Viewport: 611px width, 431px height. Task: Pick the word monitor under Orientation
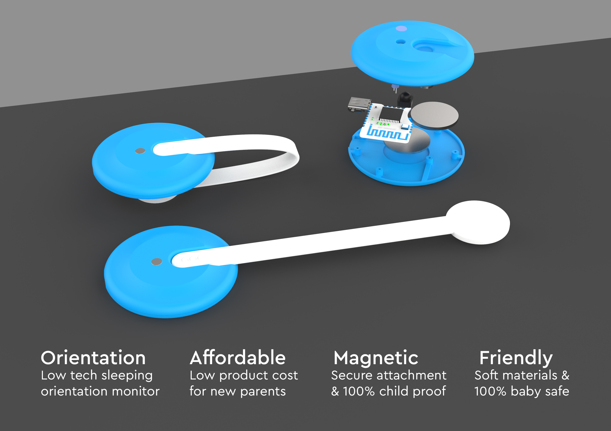[136, 391]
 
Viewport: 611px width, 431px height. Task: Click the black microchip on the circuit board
[390, 114]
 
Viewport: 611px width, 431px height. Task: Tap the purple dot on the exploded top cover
[401, 29]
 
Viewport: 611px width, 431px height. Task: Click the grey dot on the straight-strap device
[156, 262]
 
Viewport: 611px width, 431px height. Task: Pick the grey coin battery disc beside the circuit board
[434, 115]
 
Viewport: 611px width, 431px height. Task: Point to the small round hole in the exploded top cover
[400, 42]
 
